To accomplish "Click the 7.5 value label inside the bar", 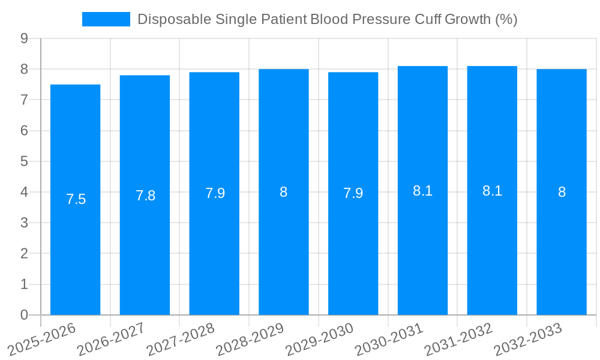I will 76,199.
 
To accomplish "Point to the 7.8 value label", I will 145,196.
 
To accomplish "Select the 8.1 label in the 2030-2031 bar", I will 423,191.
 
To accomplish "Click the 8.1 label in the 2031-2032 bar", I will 492,191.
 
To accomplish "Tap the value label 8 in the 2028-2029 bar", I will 283,192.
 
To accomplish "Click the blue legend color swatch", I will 106,19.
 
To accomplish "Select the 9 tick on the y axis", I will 24,38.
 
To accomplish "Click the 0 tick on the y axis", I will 24,315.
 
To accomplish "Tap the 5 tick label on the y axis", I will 24,161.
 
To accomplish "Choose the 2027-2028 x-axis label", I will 181,338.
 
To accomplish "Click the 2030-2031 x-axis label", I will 389,338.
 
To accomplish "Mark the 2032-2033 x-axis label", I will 528,338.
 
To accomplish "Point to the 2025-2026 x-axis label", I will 41,338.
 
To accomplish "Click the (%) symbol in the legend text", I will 506,19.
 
